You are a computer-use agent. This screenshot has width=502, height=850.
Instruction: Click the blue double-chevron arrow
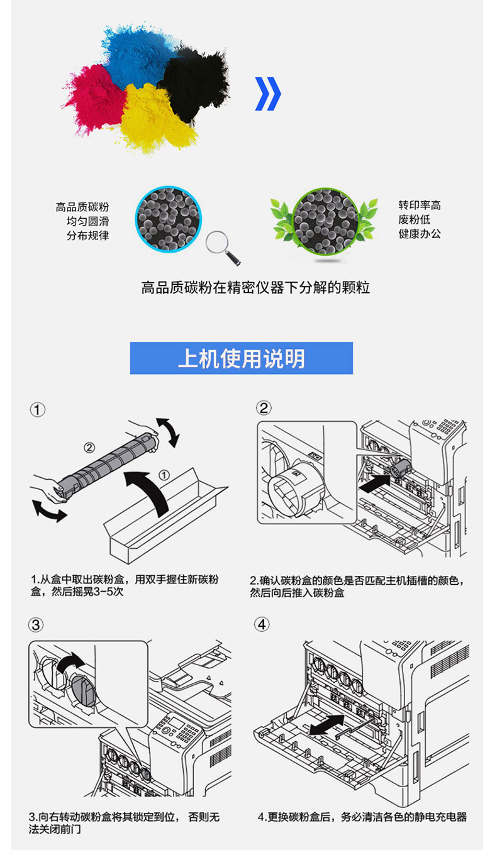click(268, 94)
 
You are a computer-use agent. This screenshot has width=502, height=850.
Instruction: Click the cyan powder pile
click(138, 57)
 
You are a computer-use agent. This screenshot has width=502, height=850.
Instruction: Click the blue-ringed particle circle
click(168, 219)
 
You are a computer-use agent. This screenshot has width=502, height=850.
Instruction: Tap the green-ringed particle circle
click(325, 221)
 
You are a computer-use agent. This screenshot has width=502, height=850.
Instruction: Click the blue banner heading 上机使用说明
click(242, 358)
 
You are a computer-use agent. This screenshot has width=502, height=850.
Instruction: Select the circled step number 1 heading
click(38, 410)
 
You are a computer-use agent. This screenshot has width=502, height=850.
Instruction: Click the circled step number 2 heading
click(264, 408)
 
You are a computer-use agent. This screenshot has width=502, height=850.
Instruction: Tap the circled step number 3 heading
click(36, 625)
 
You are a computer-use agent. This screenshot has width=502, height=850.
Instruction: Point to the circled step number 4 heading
click(262, 624)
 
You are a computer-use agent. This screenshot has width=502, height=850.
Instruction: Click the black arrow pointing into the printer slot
click(375, 484)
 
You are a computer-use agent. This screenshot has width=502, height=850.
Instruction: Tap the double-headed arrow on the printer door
click(327, 725)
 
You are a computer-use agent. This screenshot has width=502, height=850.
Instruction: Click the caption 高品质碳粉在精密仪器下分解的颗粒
click(255, 288)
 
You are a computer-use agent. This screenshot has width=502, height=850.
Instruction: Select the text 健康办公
click(420, 234)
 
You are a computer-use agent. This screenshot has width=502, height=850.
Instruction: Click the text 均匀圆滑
click(87, 221)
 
